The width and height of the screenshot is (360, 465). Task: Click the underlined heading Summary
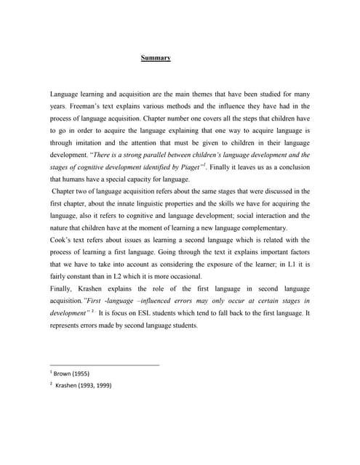tap(155, 58)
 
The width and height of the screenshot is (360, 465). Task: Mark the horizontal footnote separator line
tap(104, 364)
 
